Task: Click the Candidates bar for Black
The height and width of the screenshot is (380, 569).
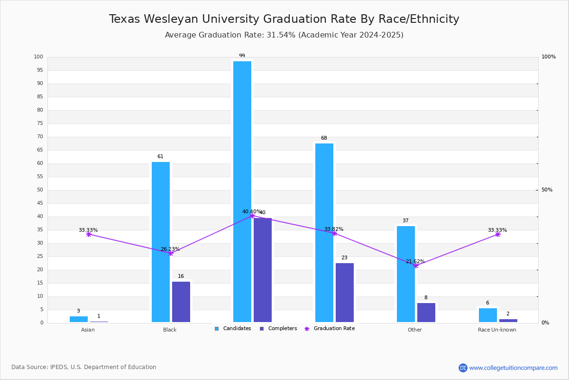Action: (161, 242)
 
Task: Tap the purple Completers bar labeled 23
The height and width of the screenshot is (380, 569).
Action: (345, 293)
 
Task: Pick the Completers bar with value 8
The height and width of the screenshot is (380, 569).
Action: (426, 313)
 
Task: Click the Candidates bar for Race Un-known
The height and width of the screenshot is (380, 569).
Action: (488, 315)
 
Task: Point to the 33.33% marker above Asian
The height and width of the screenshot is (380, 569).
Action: (89, 235)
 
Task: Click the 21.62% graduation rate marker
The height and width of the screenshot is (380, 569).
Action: (416, 266)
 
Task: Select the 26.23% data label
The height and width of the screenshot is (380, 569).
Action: (170, 249)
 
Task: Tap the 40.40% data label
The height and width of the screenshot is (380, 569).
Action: (251, 211)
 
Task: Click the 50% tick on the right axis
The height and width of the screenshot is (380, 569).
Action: (547, 190)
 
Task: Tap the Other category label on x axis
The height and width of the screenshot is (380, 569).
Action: (414, 330)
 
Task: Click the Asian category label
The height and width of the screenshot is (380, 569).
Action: (88, 330)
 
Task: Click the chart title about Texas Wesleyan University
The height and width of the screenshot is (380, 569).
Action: (284, 19)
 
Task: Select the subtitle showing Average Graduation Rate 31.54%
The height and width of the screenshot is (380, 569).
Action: (284, 35)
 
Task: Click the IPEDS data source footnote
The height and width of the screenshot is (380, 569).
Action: (84, 367)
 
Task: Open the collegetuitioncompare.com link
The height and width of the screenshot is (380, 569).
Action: (513, 368)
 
